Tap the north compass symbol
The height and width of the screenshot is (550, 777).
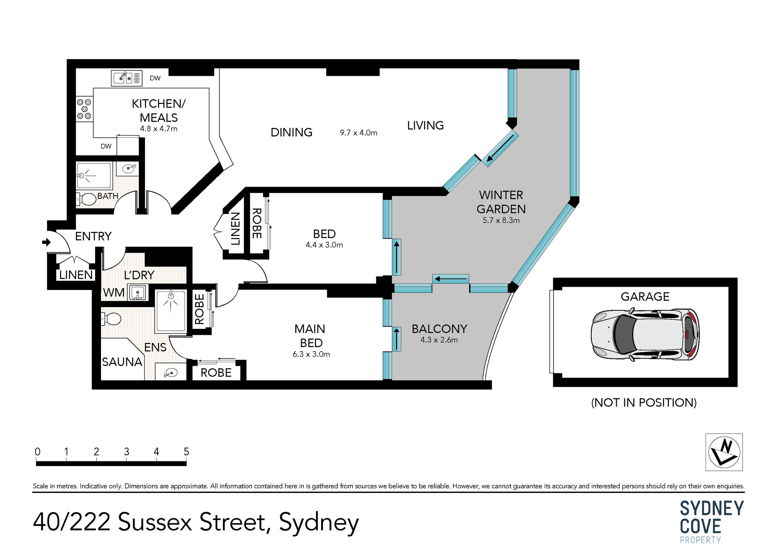724,452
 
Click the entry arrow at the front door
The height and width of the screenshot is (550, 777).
46,242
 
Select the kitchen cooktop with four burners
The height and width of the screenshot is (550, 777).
84,109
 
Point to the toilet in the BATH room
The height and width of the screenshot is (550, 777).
87,199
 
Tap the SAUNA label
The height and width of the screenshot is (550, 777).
122,362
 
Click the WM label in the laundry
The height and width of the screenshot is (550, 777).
114,293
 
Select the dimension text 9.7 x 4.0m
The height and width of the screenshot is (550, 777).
358,133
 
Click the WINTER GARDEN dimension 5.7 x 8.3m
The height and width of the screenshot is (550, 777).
501,220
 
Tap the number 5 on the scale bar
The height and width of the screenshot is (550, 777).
186,451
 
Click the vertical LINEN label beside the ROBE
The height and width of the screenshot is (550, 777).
235,229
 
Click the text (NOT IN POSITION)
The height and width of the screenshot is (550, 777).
643,402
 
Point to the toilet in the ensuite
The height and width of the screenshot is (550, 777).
112,319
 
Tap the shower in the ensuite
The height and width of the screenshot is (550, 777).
171,310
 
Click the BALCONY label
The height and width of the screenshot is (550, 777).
439,329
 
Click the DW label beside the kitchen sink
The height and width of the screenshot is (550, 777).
155,78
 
